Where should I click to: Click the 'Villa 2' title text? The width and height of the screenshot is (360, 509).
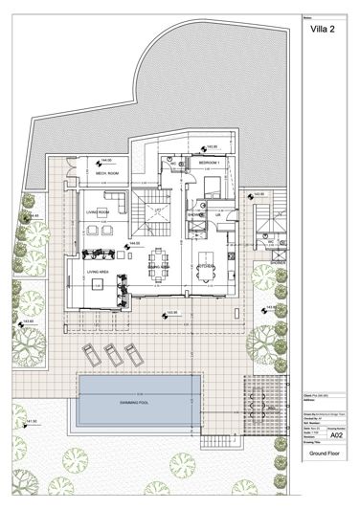(x=323, y=31)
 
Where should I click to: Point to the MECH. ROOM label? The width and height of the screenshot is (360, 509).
(x=106, y=173)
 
